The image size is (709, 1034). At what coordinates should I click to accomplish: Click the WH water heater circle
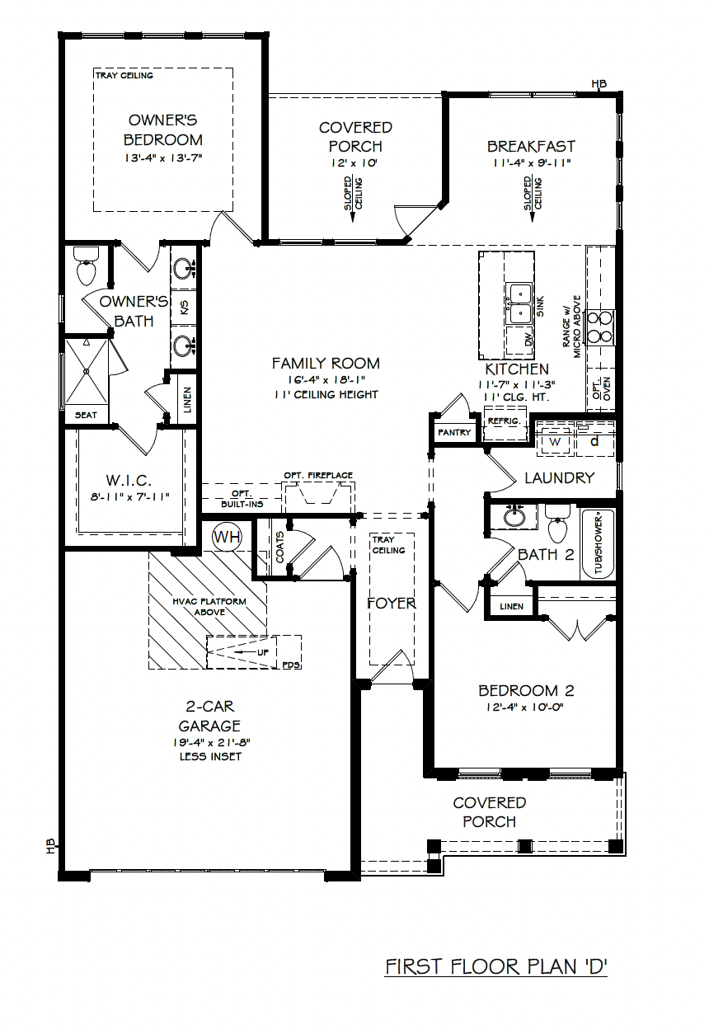pyautogui.click(x=227, y=536)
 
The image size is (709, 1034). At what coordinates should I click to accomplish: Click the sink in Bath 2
pyautogui.click(x=514, y=516)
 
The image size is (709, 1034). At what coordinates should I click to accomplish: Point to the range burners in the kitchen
pyautogui.click(x=599, y=327)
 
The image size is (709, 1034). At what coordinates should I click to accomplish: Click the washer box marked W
pyautogui.click(x=554, y=442)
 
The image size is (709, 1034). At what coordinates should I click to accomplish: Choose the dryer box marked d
pyautogui.click(x=595, y=442)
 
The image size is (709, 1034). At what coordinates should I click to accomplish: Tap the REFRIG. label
pyautogui.click(x=504, y=421)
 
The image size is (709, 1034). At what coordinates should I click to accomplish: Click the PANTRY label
pyautogui.click(x=454, y=433)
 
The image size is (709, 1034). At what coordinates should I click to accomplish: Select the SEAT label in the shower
pyautogui.click(x=86, y=415)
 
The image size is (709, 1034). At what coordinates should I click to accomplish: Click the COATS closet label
pyautogui.click(x=279, y=547)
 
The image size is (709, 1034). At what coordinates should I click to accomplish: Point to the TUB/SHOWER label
pyautogui.click(x=599, y=545)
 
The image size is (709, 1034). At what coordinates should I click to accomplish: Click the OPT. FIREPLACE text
pyautogui.click(x=318, y=475)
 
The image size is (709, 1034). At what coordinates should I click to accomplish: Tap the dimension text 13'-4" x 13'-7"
pyautogui.click(x=163, y=158)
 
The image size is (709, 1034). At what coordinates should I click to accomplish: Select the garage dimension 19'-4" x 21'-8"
pyautogui.click(x=211, y=742)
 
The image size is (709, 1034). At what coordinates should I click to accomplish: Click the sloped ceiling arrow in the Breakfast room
pyautogui.click(x=533, y=199)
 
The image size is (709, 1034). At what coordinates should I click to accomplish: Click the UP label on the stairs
pyautogui.click(x=263, y=652)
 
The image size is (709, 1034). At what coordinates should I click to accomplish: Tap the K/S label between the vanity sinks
pyautogui.click(x=184, y=307)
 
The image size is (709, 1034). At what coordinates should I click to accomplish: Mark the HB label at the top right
pyautogui.click(x=599, y=84)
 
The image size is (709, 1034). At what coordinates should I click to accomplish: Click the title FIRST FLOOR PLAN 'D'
pyautogui.click(x=496, y=966)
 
